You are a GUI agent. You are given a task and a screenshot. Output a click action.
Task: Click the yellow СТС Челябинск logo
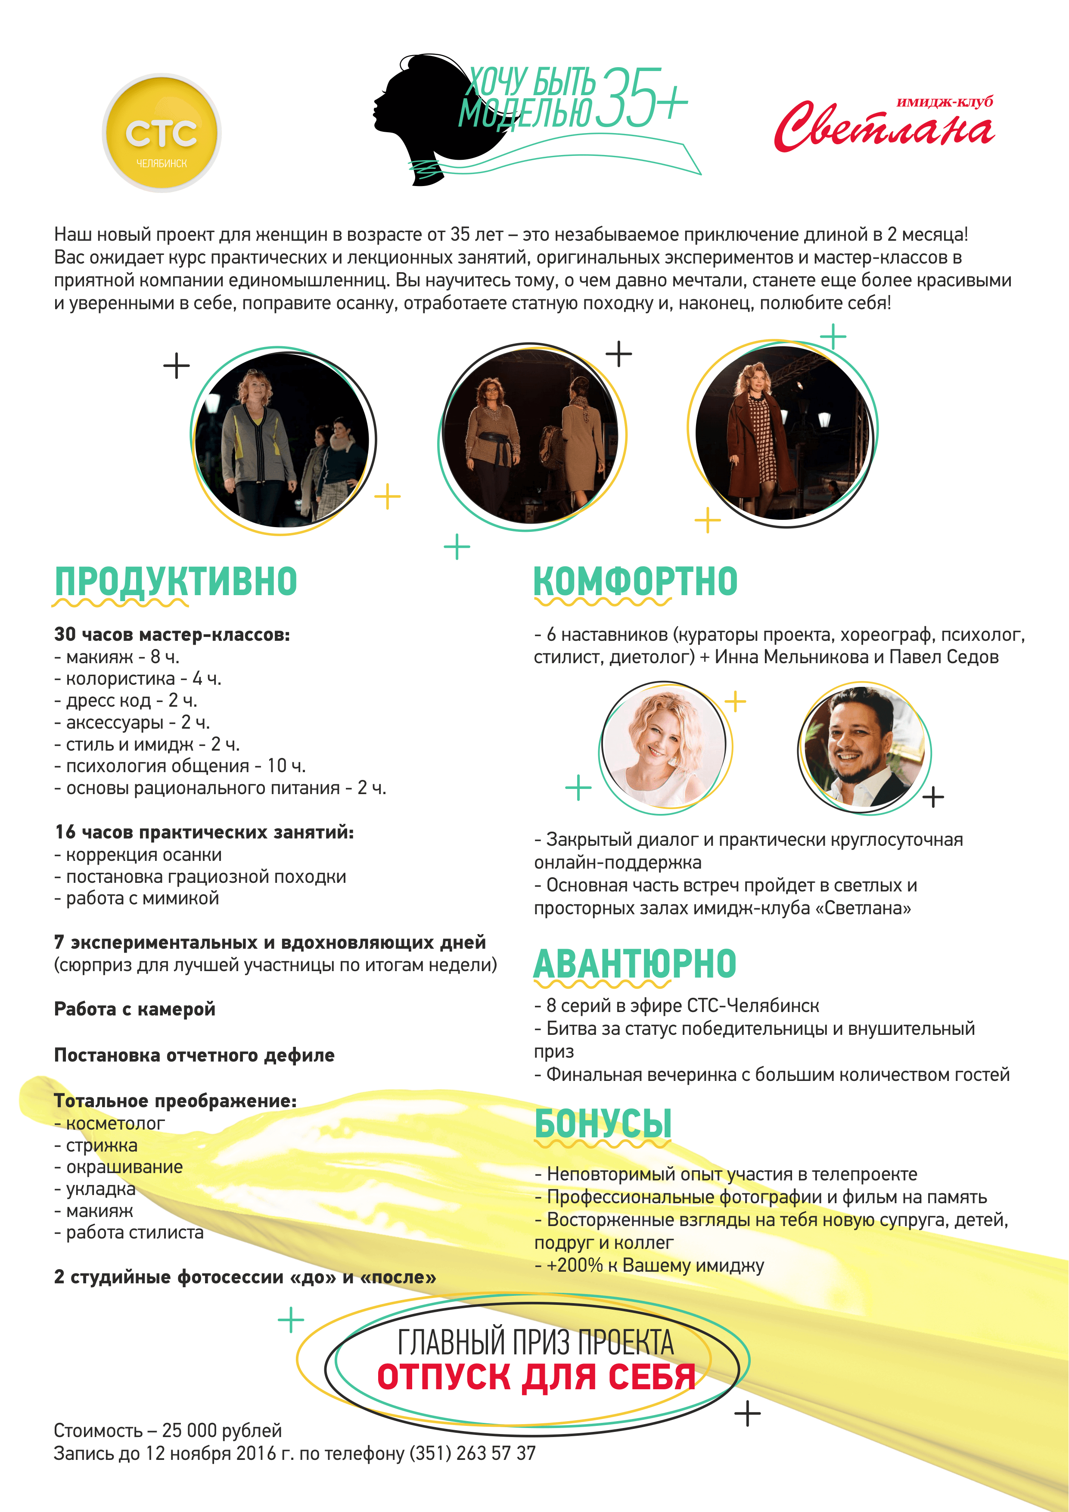click(x=162, y=133)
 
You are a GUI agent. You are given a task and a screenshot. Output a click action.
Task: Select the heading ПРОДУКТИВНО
click(x=176, y=581)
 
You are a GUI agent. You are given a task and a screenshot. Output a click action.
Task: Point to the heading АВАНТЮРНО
click(x=634, y=964)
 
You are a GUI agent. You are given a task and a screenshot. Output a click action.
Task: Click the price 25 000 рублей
click(x=222, y=1430)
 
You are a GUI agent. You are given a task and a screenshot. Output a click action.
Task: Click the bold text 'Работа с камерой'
click(x=134, y=1009)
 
